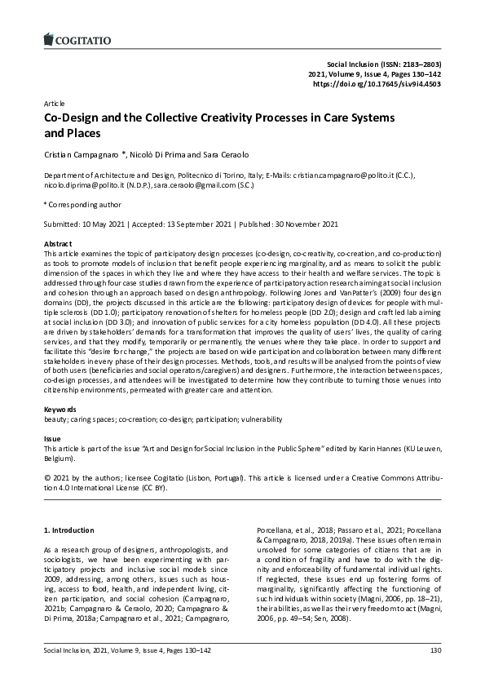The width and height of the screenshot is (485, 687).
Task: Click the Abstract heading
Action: tap(58, 244)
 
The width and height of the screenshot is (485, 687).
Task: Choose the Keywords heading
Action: tap(60, 409)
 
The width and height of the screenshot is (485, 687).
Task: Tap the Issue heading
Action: tap(51, 439)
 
